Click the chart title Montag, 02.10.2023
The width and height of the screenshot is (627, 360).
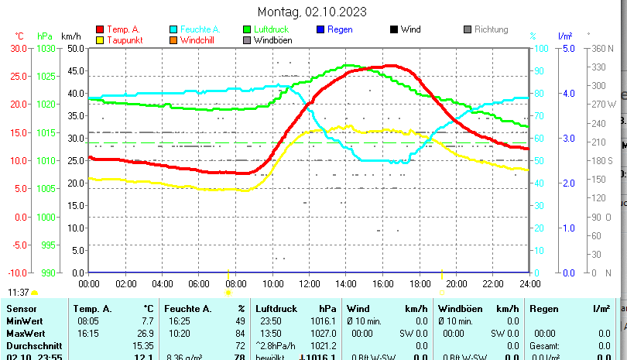coord(312,12)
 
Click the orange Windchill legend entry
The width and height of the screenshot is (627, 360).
coord(198,40)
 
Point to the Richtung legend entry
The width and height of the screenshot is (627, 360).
coord(490,29)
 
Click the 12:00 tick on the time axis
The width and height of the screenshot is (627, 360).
coord(309,283)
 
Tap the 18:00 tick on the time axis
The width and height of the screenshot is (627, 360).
coord(419,283)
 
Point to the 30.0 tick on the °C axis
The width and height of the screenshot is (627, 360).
coord(19,48)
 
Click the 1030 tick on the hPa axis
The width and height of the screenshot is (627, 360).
coord(46,48)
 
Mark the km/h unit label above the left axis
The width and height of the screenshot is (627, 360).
coord(70,36)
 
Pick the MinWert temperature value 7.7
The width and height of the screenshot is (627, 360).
coord(148,321)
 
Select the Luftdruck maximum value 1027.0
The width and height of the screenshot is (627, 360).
coord(324,333)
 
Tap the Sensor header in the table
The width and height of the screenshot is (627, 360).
coord(21,309)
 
